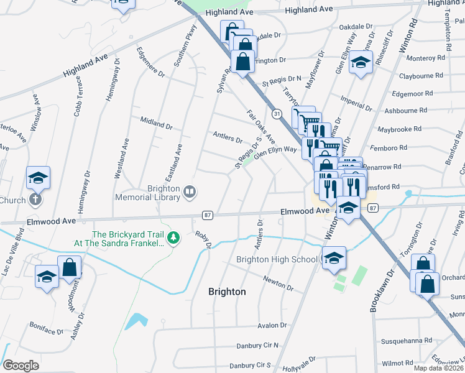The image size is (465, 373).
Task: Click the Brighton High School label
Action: [277, 259]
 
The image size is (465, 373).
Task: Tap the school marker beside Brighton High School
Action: [334, 258]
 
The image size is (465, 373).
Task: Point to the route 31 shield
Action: [277, 113]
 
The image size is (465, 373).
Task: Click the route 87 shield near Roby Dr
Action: [208, 215]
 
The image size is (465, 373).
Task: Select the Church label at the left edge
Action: [11, 200]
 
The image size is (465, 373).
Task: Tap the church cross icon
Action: [35, 200]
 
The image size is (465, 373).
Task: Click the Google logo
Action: [21, 365]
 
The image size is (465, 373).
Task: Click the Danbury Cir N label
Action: [258, 346]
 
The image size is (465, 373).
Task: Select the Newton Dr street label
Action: [278, 283]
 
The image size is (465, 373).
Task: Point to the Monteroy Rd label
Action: [425, 58]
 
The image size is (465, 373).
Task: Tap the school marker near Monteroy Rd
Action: [360, 62]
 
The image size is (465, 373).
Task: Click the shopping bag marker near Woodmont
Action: [70, 268]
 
